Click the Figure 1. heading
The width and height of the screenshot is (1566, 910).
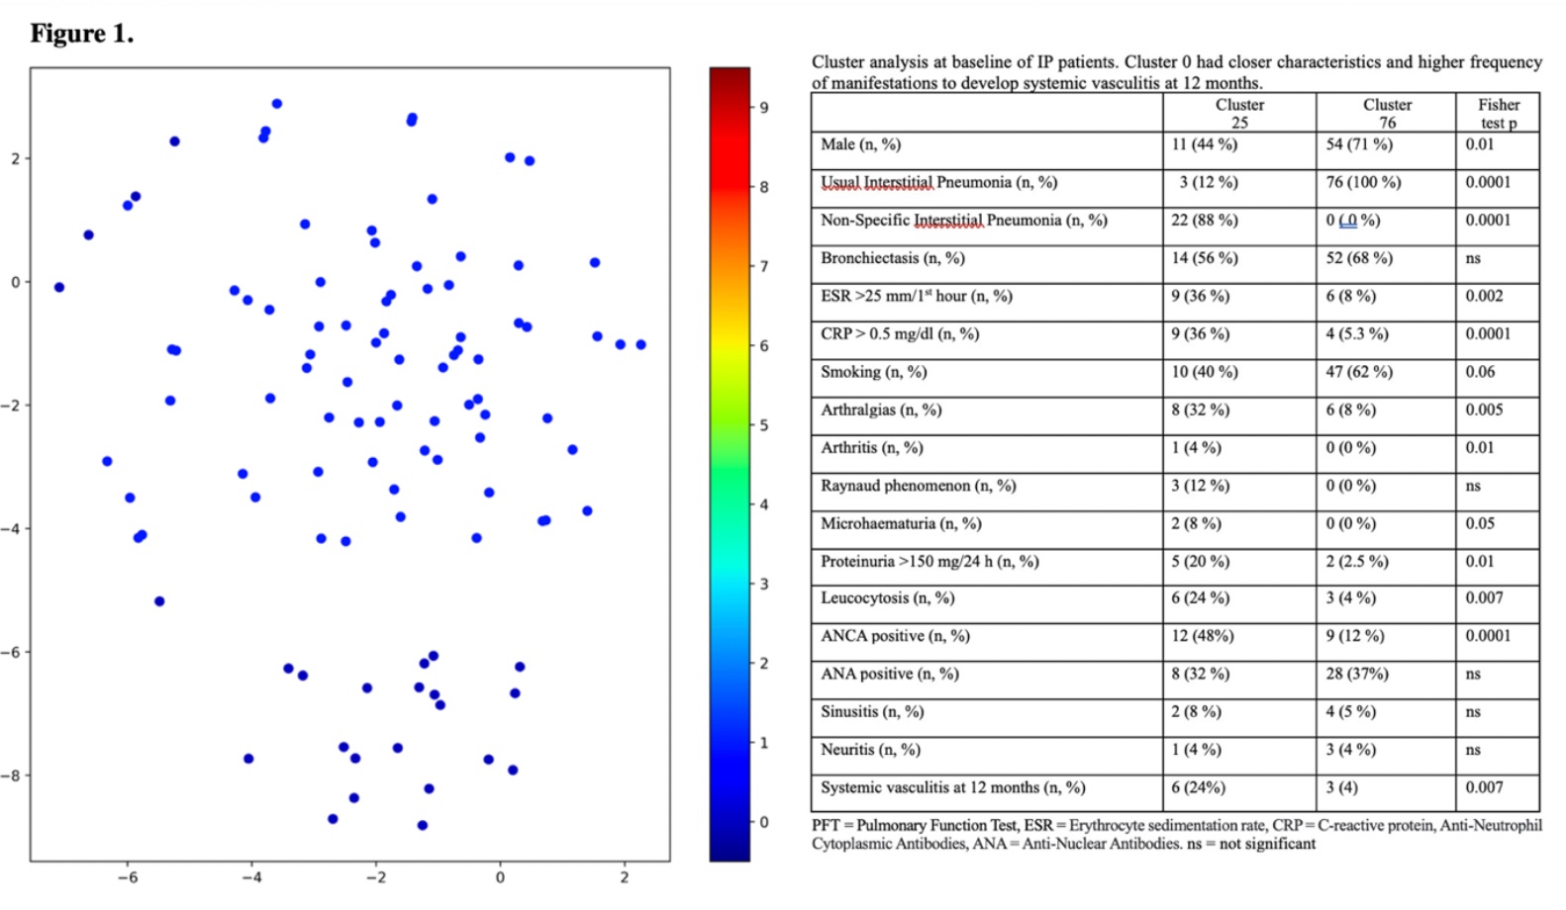[82, 34]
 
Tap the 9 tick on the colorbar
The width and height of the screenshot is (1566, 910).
[763, 107]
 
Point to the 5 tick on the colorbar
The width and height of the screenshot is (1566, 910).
[763, 425]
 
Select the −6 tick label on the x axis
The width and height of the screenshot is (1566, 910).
[128, 877]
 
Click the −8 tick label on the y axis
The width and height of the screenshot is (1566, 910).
[10, 775]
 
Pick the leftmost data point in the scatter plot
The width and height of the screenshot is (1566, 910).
[59, 288]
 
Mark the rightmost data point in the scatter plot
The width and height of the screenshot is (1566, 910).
[641, 345]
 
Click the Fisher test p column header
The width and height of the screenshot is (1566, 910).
[1498, 113]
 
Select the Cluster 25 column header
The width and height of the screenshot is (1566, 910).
[1239, 113]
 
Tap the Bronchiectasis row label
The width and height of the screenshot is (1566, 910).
[892, 258]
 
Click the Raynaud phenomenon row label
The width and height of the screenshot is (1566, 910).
[918, 486]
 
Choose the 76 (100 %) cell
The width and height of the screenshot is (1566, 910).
[1363, 182]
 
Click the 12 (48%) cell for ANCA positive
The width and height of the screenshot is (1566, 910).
[1202, 636]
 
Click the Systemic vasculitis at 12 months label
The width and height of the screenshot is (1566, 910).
[952, 787]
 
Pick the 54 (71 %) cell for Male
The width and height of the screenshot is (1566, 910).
[1358, 144]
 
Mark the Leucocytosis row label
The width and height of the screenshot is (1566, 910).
[887, 597]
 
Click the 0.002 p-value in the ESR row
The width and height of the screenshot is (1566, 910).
[1484, 296]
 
